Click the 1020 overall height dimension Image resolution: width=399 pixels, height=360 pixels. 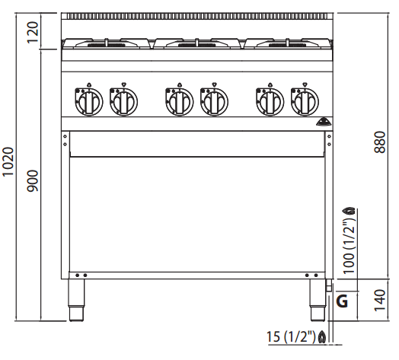click(8, 162)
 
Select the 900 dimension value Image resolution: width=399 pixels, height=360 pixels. click(33, 181)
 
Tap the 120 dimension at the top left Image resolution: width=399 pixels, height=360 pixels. click(33, 33)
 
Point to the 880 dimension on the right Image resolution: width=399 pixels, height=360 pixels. click(380, 142)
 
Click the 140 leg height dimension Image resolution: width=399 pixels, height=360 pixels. click(380, 300)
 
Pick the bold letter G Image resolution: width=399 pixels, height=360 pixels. click(342, 301)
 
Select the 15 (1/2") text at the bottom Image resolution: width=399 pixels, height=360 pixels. click(291, 336)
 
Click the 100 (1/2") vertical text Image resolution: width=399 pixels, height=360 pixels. click(349, 244)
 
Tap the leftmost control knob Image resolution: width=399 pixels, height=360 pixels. click(89, 102)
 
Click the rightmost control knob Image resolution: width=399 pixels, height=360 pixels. click(305, 102)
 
